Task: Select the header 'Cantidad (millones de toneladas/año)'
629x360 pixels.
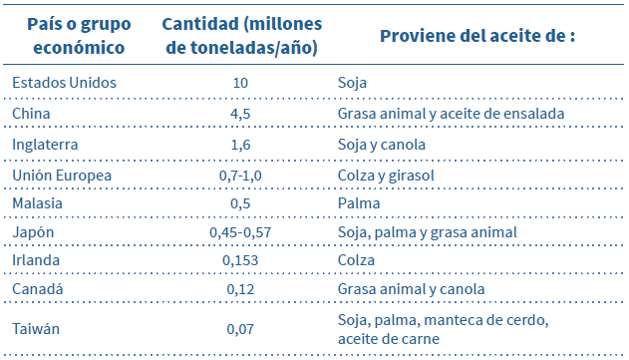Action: point(240,36)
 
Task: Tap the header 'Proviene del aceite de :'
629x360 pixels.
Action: point(477,36)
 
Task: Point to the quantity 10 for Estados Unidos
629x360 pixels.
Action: point(240,82)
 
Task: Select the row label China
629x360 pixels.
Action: point(31,114)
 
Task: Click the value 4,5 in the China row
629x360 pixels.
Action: point(240,114)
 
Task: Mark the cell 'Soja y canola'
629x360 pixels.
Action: point(382,145)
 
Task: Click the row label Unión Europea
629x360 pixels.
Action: point(62,175)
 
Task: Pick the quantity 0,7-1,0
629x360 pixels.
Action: point(240,175)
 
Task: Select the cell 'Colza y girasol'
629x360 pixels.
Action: point(386,175)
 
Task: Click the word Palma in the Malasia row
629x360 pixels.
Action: point(356,203)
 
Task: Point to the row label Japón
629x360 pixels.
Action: point(33,232)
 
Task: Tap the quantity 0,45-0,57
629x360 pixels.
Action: point(240,232)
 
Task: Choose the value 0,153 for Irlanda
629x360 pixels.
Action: point(240,260)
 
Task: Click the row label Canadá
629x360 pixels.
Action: point(37,289)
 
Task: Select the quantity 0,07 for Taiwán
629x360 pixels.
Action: point(240,327)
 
